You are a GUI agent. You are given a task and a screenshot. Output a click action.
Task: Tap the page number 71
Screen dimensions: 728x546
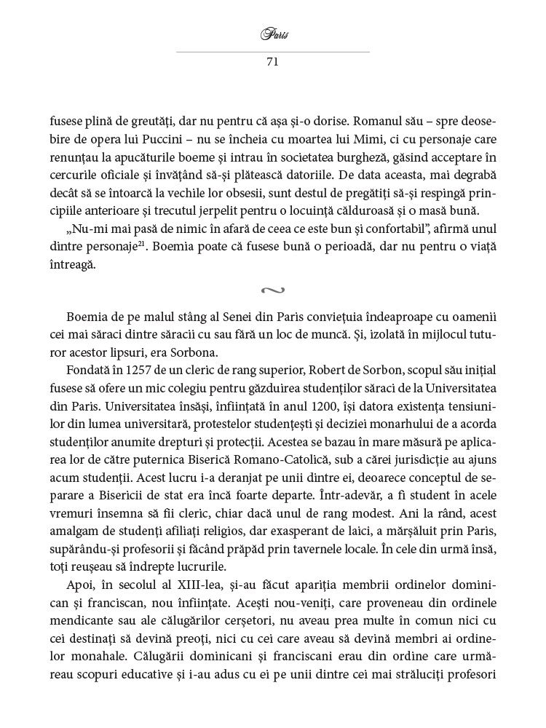272,62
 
